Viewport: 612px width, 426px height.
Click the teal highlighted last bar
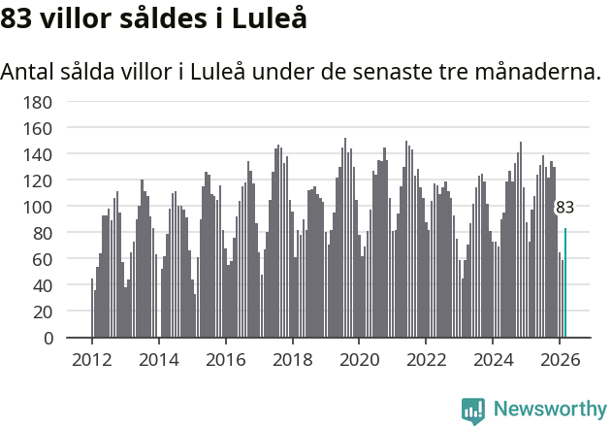(x=565, y=283)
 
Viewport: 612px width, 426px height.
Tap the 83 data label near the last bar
(x=564, y=208)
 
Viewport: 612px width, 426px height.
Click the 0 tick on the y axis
(x=47, y=339)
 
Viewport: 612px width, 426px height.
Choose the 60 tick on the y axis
(x=42, y=260)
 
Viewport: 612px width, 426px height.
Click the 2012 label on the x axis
(x=92, y=360)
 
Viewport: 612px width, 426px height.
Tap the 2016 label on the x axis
(x=225, y=360)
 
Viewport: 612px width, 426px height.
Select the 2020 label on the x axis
(x=359, y=360)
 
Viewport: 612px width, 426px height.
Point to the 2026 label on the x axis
(x=559, y=360)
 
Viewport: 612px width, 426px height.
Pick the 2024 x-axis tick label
(x=492, y=360)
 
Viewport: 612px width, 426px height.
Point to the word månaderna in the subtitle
(x=539, y=73)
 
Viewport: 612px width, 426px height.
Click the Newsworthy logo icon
(x=473, y=410)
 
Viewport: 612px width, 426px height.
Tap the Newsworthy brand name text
(x=549, y=410)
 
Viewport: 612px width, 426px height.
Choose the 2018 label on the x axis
(x=292, y=360)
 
